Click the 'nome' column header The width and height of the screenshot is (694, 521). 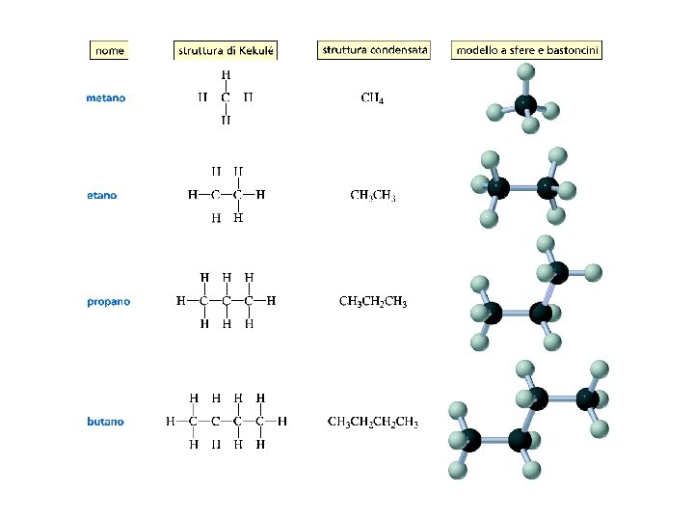tap(109, 50)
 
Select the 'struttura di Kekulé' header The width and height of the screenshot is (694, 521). tap(227, 50)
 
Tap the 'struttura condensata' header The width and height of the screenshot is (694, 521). tap(373, 49)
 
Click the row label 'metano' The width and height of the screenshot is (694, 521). tap(105, 97)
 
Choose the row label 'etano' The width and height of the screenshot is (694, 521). tap(101, 195)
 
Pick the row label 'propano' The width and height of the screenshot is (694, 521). tap(108, 301)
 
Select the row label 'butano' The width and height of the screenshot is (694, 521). tap(105, 421)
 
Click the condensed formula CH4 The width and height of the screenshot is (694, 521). tap(372, 97)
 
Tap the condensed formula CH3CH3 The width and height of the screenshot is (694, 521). tap(373, 195)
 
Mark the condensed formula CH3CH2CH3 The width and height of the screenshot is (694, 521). tap(373, 302)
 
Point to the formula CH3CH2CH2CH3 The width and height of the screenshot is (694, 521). tap(373, 422)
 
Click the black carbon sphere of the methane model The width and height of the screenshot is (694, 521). tap(525, 104)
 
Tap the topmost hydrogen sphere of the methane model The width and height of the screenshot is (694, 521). tap(525, 71)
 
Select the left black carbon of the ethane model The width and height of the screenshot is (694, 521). tap(498, 187)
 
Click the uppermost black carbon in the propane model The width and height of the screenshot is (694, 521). tap(558, 274)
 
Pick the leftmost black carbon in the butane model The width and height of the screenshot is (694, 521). tap(470, 441)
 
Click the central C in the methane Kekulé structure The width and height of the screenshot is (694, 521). tap(226, 97)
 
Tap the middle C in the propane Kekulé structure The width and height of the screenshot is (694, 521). tap(226, 301)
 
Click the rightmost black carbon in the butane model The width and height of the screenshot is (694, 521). tap(587, 398)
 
